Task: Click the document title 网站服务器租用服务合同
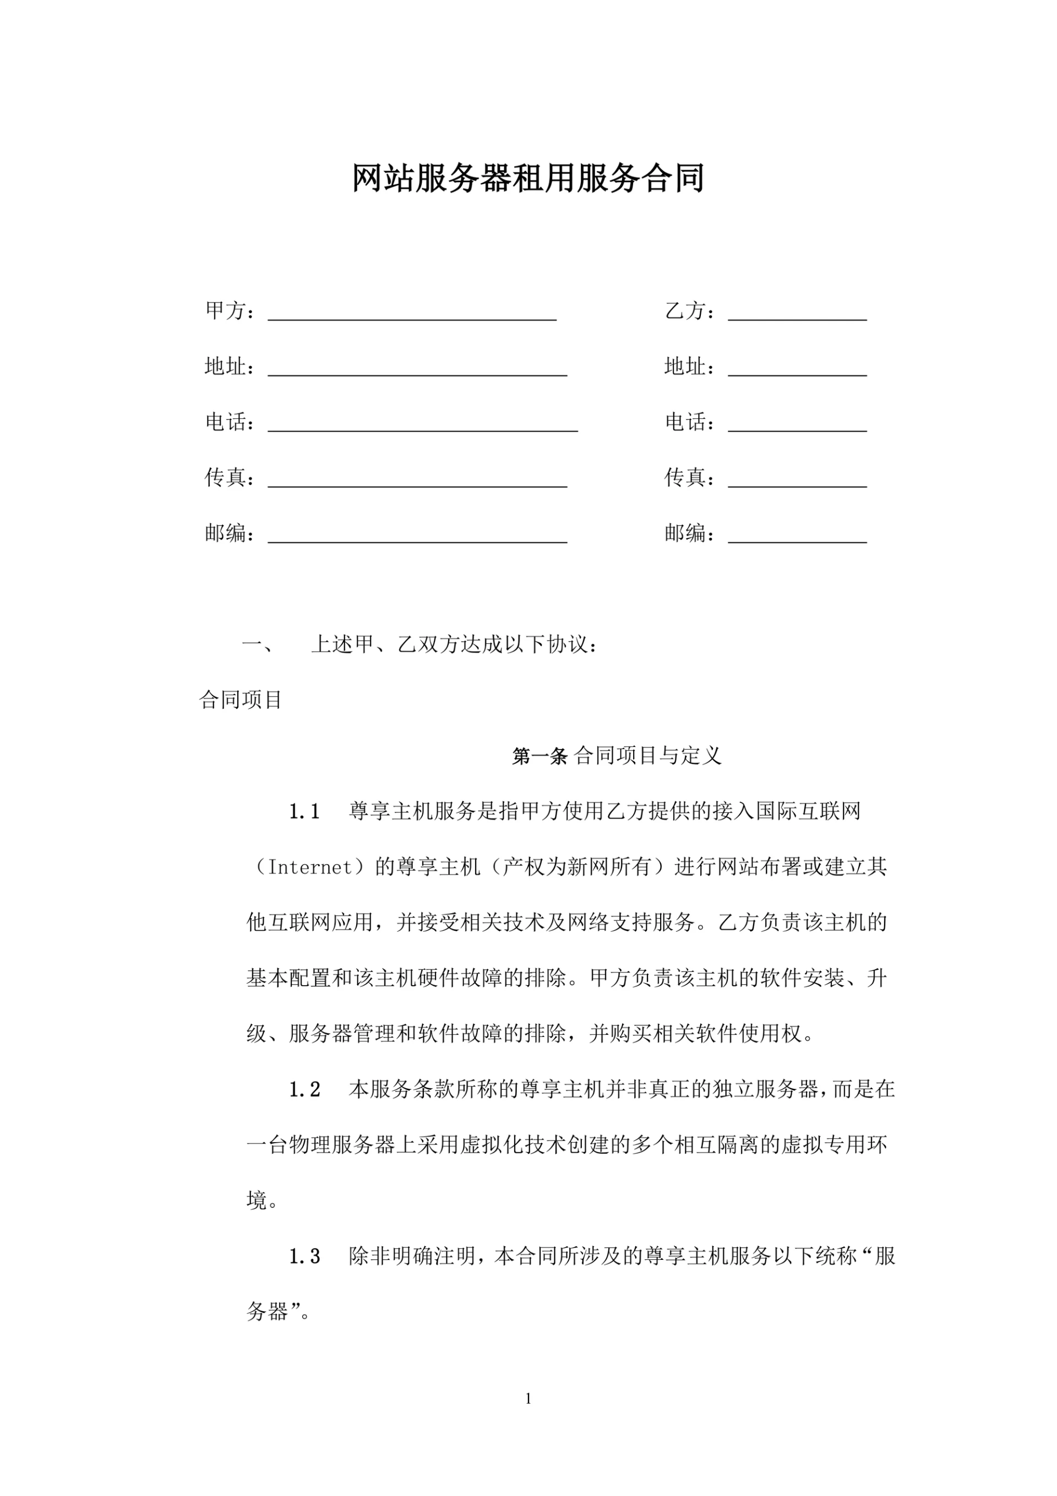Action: pyautogui.click(x=528, y=178)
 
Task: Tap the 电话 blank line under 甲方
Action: pyautogui.click(x=422, y=428)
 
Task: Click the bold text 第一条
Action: pyautogui.click(x=540, y=756)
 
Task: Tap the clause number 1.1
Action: pyautogui.click(x=304, y=812)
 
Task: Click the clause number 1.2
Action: pyautogui.click(x=304, y=1089)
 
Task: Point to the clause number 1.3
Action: pyautogui.click(x=304, y=1256)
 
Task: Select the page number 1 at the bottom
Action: pyautogui.click(x=528, y=1398)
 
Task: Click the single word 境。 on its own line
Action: pyautogui.click(x=263, y=1201)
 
